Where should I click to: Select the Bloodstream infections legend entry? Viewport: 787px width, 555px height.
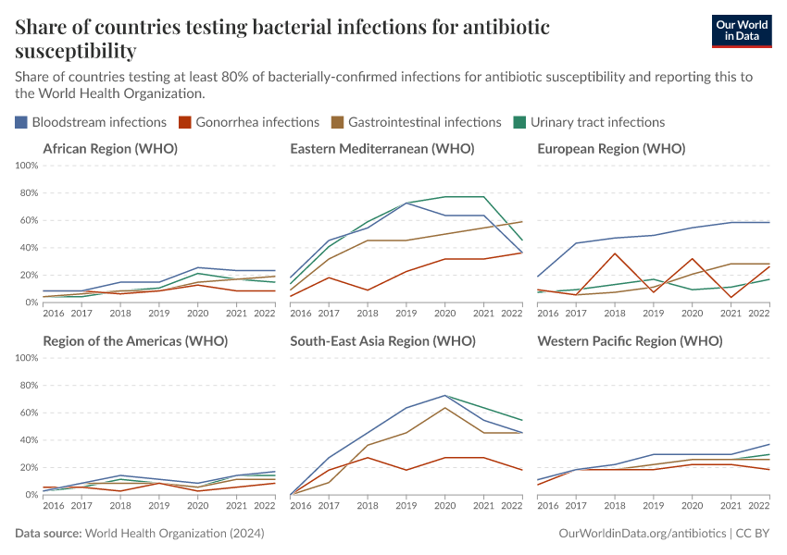(91, 122)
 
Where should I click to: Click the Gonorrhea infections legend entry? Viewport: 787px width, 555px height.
(251, 122)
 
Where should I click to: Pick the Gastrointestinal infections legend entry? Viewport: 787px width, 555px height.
(417, 122)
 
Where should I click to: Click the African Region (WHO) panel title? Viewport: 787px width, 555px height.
(110, 148)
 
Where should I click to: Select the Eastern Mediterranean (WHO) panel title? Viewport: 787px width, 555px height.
(381, 148)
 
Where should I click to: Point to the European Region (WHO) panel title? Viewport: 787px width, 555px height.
(611, 148)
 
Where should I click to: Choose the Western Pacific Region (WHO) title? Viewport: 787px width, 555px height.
(630, 340)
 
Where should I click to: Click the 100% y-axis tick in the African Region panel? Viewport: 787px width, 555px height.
(26, 166)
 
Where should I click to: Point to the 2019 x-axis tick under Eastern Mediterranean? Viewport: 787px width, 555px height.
(405, 314)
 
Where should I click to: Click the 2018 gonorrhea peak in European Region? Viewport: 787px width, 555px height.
(615, 253)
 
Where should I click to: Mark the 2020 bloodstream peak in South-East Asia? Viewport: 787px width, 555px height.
(445, 396)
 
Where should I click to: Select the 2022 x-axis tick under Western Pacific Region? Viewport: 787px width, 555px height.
(757, 506)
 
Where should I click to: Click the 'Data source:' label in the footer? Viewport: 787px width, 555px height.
(48, 534)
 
